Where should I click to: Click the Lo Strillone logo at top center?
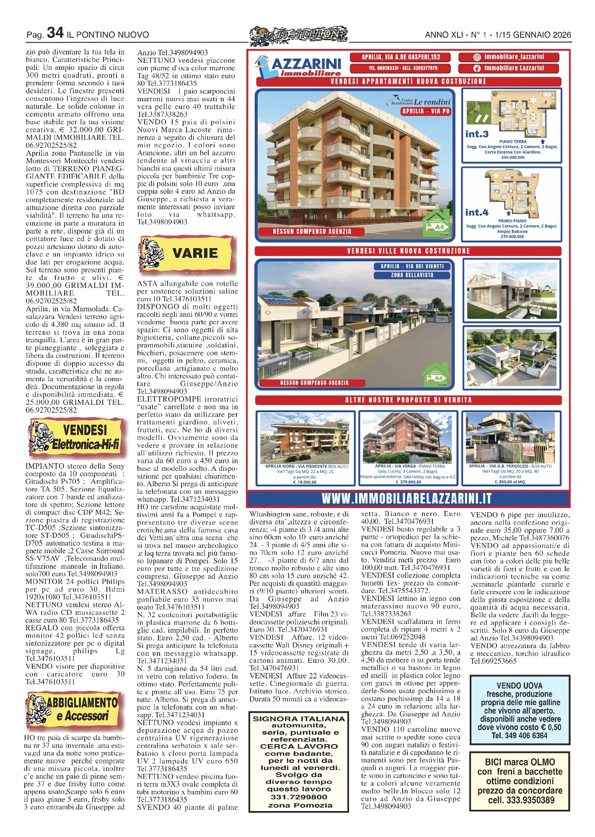coord(298,35)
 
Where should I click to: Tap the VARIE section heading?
coord(195,253)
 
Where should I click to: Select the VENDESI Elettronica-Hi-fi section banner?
coord(77,437)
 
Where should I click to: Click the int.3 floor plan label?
coord(477,134)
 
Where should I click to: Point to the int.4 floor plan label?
coord(477,212)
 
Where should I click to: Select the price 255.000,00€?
coord(512,157)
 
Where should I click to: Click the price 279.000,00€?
coord(512,236)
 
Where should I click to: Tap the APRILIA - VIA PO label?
coord(426,111)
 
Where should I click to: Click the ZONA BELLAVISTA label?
coord(412,275)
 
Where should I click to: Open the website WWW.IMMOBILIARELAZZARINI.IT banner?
coord(406,498)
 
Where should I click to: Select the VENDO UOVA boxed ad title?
coord(519,686)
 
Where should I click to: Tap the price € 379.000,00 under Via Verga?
coord(408,482)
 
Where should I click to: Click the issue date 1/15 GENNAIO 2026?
coord(533,35)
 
